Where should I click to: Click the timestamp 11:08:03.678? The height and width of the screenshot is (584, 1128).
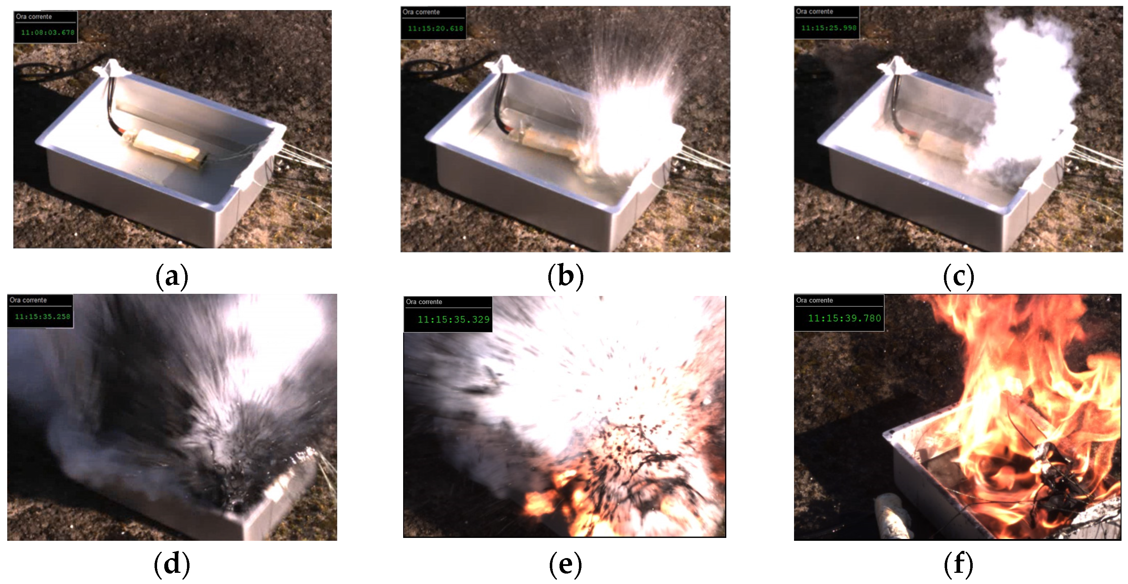48,32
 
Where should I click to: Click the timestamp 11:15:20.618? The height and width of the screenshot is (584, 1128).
435,28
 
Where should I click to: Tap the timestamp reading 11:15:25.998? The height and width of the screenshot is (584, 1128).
829,28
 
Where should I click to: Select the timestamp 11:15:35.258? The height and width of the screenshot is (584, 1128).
43,316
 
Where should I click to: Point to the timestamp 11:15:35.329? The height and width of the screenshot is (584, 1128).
453,320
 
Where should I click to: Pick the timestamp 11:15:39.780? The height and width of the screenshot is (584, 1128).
844,318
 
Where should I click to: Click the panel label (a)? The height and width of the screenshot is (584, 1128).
171,276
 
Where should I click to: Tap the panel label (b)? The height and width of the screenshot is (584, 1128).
565,276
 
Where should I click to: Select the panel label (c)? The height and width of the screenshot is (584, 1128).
959,276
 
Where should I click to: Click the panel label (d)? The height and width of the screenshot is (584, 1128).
171,563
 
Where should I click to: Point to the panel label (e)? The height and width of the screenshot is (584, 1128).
565,563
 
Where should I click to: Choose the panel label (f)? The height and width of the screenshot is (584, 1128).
959,563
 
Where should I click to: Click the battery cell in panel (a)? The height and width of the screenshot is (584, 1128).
165,148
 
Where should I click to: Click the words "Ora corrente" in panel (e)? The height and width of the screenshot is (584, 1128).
424,302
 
